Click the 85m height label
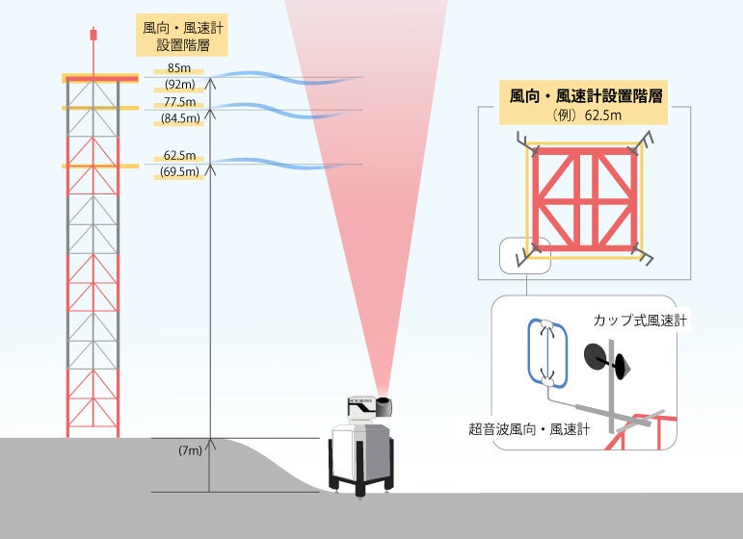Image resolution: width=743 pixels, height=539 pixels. [x=179, y=68]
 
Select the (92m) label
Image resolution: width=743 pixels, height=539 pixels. [x=179, y=85]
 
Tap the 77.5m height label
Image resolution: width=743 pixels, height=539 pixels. [x=179, y=102]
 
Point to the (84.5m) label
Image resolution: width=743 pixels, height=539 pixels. [x=179, y=119]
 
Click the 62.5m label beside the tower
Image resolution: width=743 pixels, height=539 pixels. [x=179, y=155]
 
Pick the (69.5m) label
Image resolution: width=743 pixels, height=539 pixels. [x=179, y=172]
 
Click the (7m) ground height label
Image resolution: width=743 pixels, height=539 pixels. [x=190, y=450]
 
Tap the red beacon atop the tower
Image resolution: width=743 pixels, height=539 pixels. [x=93, y=36]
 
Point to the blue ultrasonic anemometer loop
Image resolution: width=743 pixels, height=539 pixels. [x=546, y=352]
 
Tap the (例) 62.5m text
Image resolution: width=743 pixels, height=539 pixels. [x=586, y=115]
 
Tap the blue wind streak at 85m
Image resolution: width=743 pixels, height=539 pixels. [x=289, y=77]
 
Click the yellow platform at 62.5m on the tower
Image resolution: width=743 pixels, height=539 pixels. [x=93, y=167]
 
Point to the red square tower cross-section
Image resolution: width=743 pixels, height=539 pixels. [x=586, y=199]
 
